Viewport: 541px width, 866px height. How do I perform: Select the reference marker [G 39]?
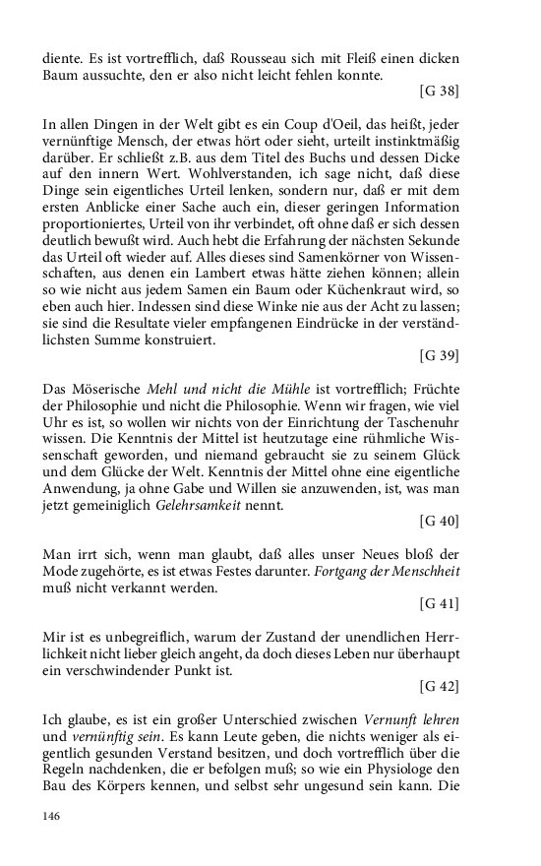[439, 351]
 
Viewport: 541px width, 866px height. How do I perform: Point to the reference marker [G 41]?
[439, 602]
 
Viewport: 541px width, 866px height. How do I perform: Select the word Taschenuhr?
[423, 420]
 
